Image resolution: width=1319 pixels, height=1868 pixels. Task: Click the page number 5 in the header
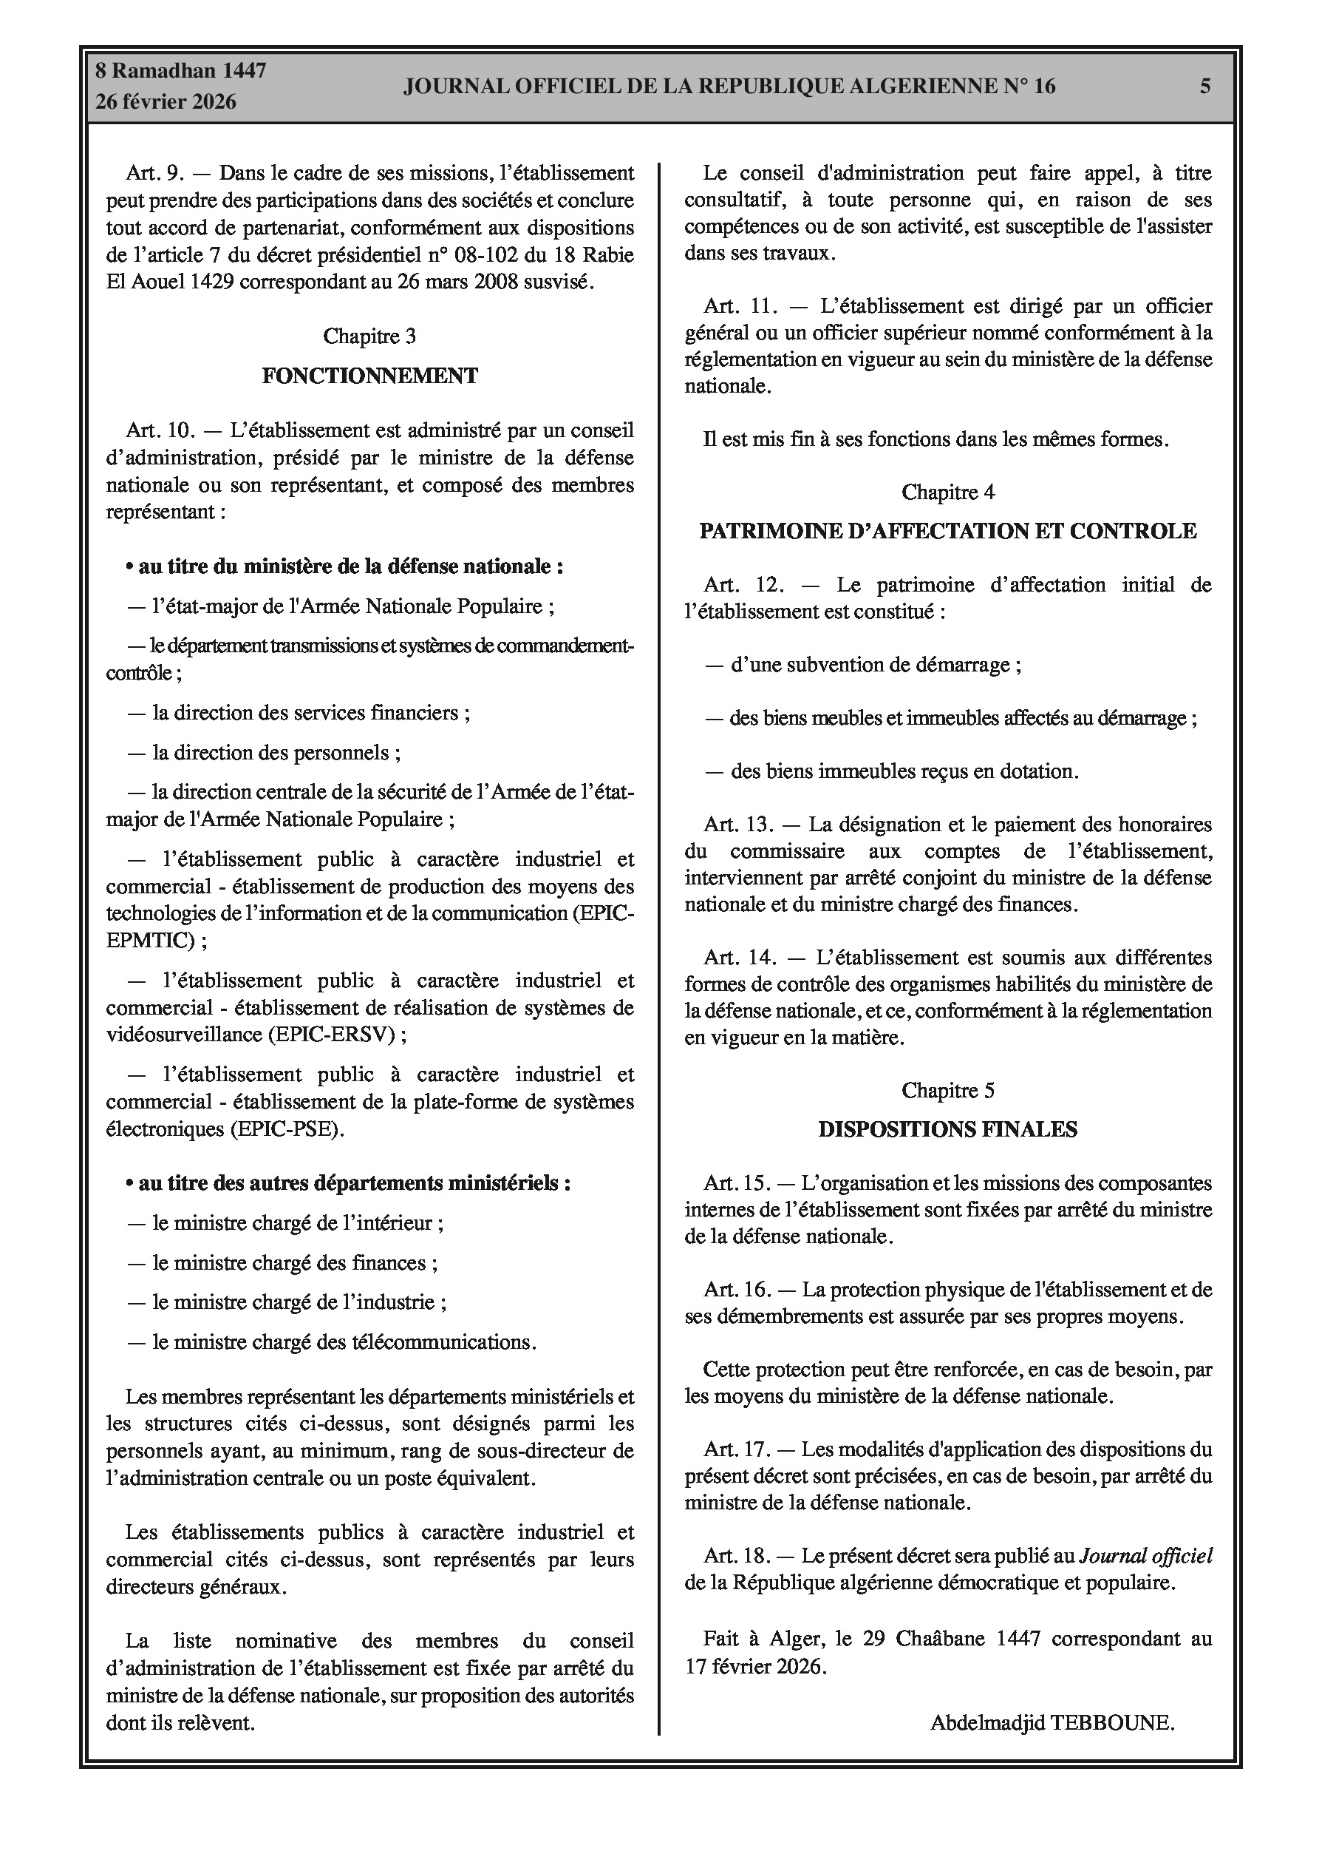1205,87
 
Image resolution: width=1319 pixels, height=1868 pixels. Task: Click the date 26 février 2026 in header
166,102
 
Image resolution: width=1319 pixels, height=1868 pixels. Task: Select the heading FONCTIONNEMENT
370,376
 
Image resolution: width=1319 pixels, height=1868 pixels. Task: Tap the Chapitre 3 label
370,336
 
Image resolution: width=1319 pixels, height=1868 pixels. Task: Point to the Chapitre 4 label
948,493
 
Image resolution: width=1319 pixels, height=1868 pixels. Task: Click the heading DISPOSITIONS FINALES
948,1129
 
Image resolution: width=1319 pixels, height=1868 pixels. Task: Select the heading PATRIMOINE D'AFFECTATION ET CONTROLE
948,531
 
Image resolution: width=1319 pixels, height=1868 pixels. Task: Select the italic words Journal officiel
1146,1556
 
